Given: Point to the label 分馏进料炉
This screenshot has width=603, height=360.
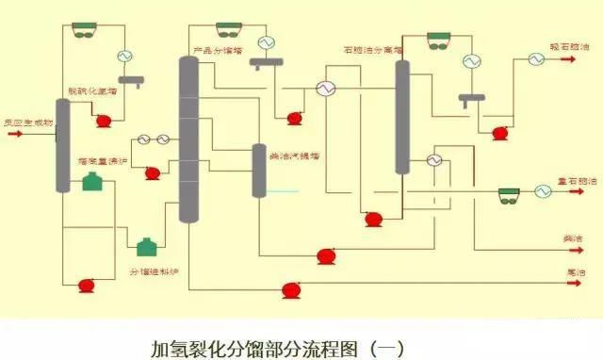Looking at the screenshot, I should point(154,271).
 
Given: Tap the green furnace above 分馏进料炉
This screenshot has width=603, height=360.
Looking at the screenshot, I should point(147,247).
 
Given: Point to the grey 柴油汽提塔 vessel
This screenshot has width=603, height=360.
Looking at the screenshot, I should point(259,170).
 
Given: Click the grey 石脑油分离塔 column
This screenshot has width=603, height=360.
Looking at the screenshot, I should point(402,118).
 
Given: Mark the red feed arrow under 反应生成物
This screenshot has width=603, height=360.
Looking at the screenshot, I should point(15,134).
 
